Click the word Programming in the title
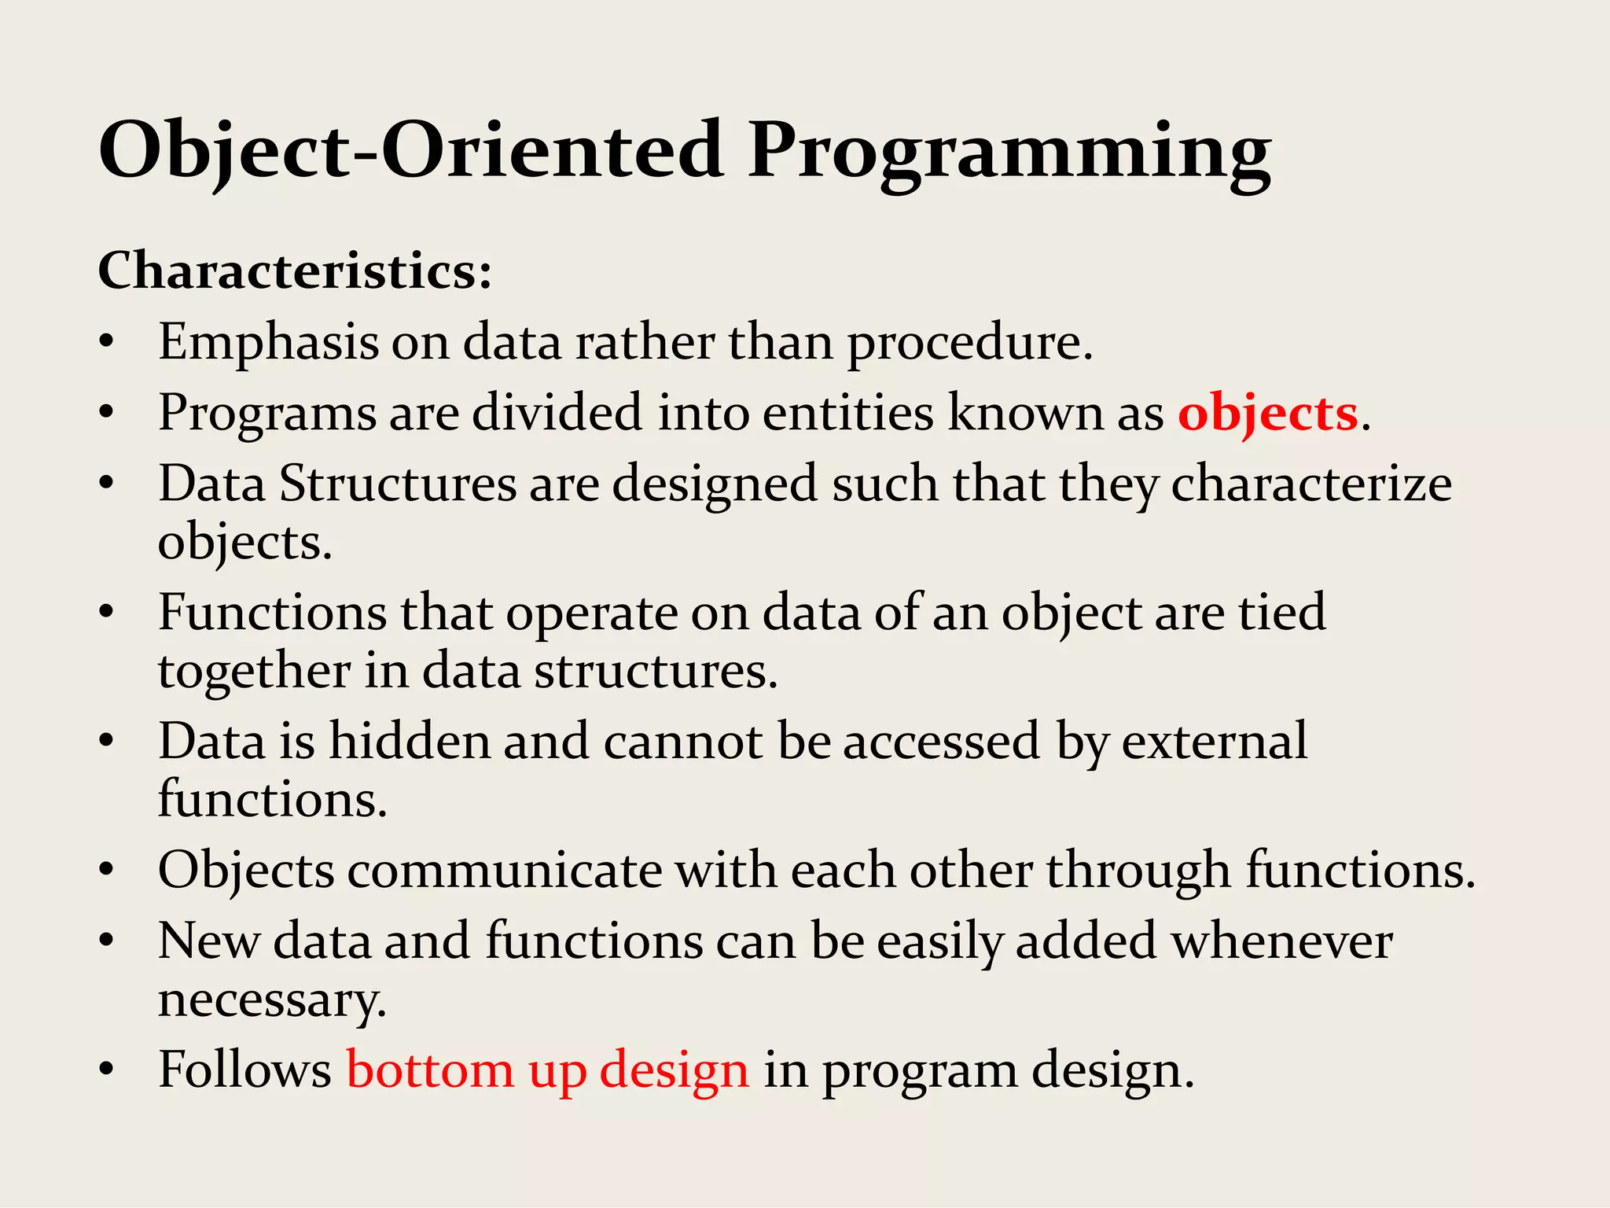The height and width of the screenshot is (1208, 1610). (x=1009, y=151)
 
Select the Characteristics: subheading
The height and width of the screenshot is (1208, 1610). (x=295, y=271)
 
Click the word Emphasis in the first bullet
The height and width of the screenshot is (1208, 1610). (x=268, y=344)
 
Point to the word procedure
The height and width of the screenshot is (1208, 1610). (x=970, y=344)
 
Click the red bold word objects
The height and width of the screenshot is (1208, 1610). (x=1267, y=414)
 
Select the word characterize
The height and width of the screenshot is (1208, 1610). (x=1311, y=484)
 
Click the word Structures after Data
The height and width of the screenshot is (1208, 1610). (x=398, y=484)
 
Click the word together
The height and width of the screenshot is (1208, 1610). (x=254, y=672)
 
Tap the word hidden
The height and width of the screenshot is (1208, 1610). (x=409, y=742)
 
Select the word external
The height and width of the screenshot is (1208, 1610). (x=1215, y=742)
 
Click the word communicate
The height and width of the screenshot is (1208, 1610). (x=505, y=871)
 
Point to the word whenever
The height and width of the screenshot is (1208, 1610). (x=1282, y=941)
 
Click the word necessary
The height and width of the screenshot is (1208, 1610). (x=272, y=1001)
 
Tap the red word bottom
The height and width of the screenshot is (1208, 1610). (x=430, y=1070)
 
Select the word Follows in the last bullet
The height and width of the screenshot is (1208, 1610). (x=244, y=1070)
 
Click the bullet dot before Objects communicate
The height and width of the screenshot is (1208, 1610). (x=108, y=871)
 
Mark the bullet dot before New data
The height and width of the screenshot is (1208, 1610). (x=108, y=941)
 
